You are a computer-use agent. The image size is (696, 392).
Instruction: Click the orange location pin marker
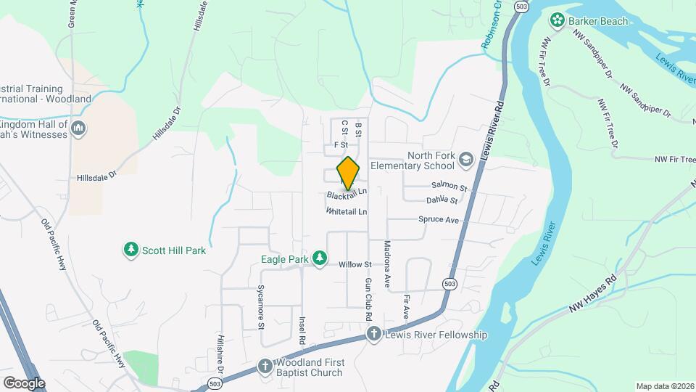tap(349, 173)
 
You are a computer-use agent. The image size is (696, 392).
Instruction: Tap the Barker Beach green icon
tap(558, 21)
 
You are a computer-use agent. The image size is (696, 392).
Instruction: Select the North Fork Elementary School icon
tap(465, 159)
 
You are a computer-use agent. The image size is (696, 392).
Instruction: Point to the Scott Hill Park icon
tap(130, 250)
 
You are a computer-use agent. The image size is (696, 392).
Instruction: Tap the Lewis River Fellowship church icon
tap(373, 334)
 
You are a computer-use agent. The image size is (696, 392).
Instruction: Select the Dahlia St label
tap(442, 200)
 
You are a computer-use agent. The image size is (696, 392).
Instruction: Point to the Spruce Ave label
tap(439, 219)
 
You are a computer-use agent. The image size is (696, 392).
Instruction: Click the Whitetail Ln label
tap(347, 211)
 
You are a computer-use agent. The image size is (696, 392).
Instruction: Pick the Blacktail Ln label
tap(347, 195)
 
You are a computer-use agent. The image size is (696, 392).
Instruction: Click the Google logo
tap(24, 383)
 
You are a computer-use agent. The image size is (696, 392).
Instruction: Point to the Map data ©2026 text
tap(664, 386)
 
